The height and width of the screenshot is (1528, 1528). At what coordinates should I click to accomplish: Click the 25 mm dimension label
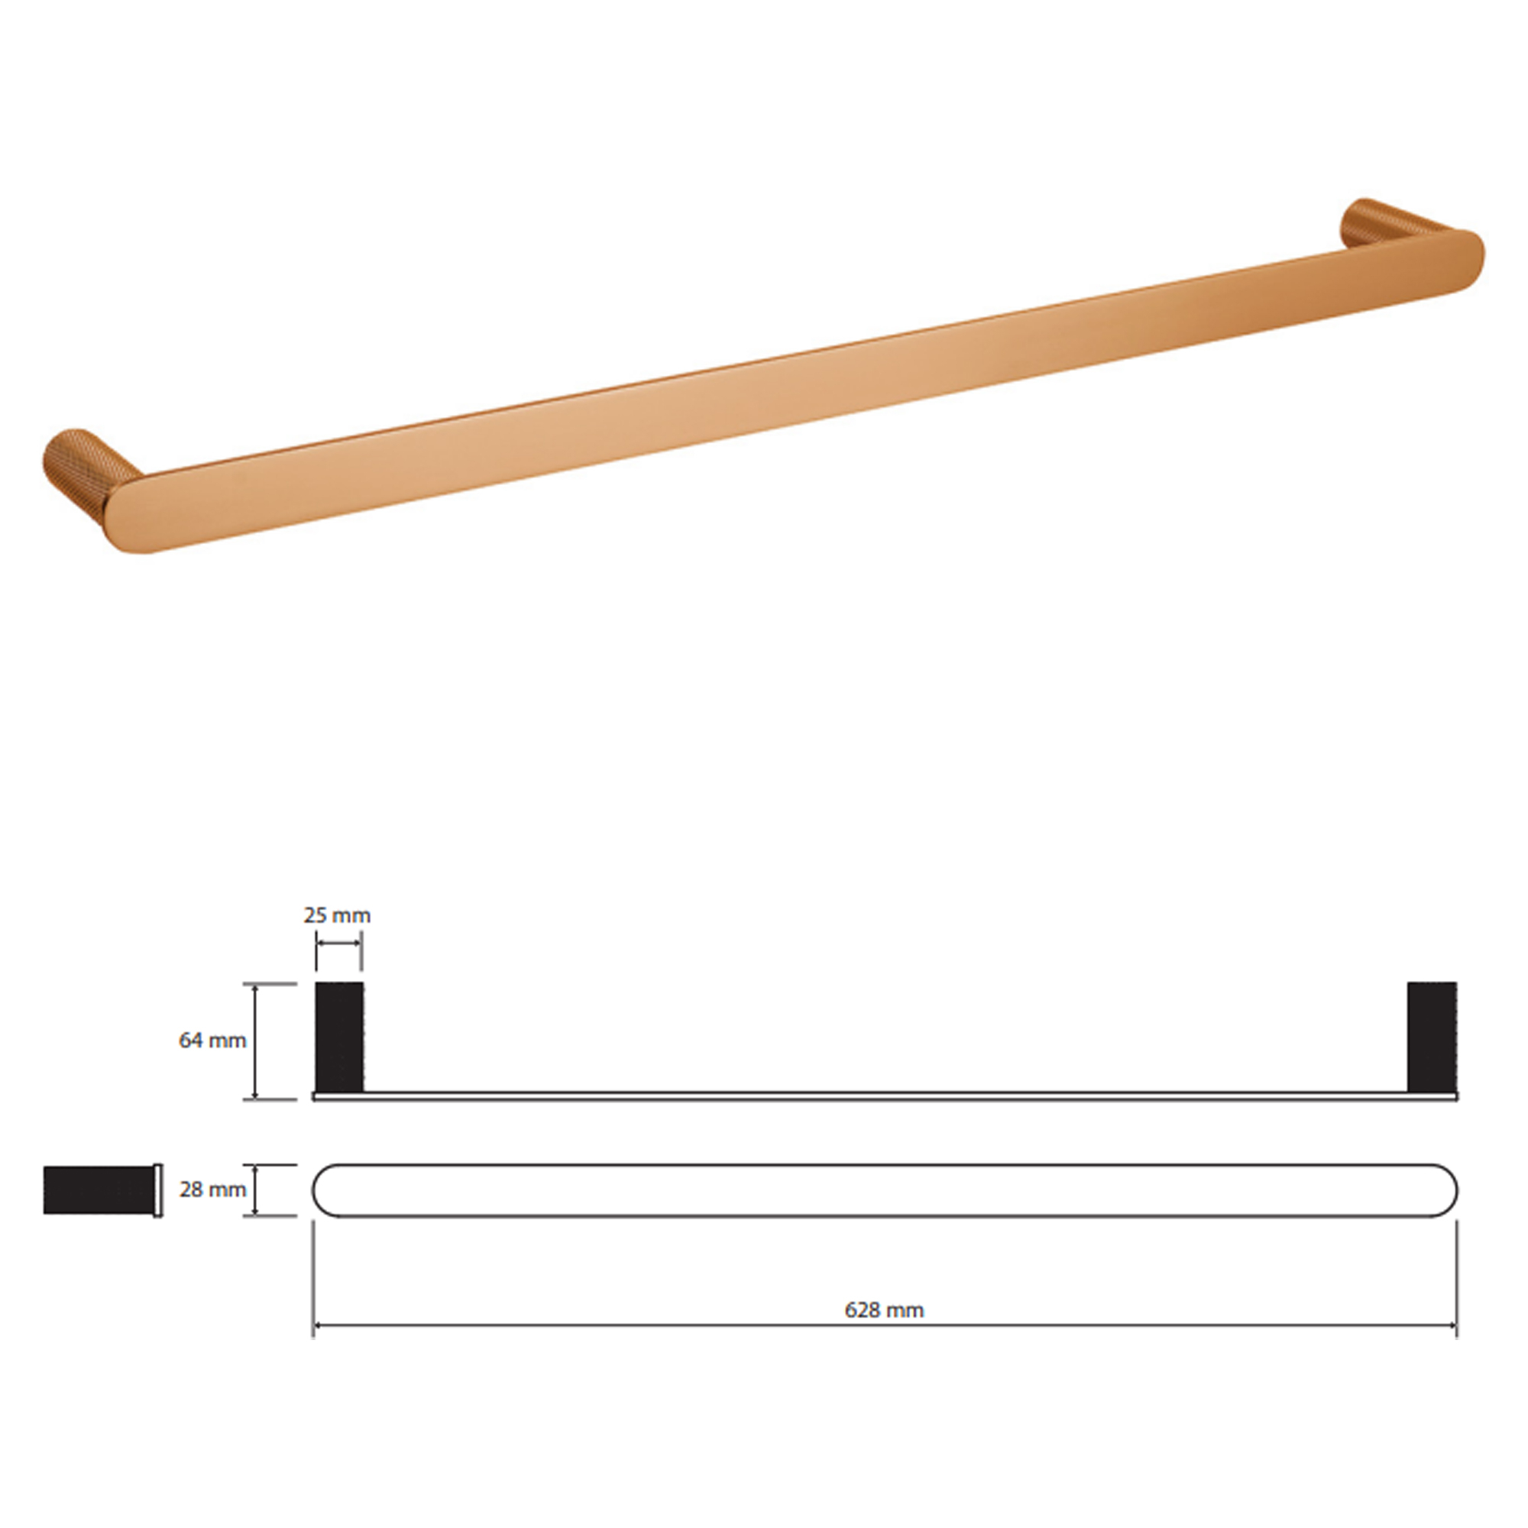pos(337,916)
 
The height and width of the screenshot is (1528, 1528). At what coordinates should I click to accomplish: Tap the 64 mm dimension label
pos(212,1041)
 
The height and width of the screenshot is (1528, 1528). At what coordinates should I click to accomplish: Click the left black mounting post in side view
pos(339,1037)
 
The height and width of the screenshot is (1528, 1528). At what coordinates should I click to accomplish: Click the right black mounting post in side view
pos(1432,1037)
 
